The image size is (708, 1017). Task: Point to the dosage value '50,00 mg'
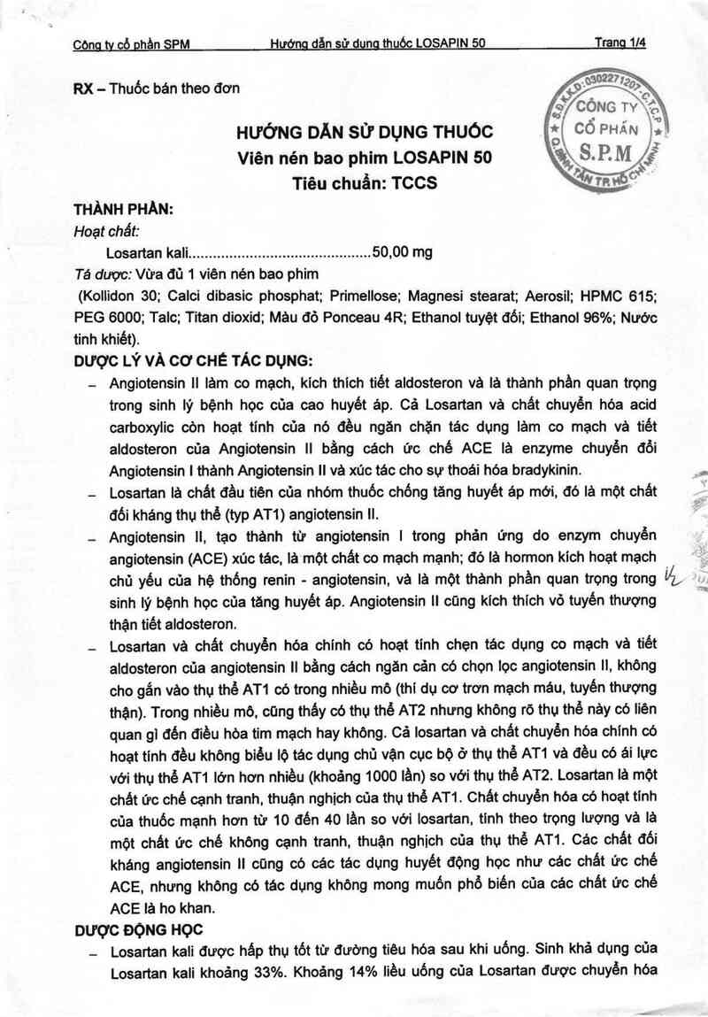[403, 252]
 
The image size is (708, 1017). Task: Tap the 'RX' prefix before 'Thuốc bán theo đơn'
[84, 87]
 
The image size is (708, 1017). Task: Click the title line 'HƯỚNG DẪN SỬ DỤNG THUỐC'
[363, 133]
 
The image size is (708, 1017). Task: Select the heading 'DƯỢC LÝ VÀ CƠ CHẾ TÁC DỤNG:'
[194, 361]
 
